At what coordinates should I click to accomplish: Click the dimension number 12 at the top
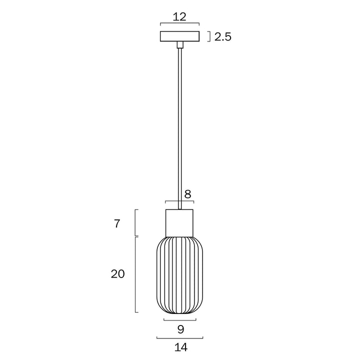[x=179, y=16]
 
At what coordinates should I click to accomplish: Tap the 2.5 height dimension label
[x=222, y=36]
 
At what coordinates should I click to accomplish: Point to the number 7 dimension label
[x=117, y=223]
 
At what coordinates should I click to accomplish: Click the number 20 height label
[x=117, y=274]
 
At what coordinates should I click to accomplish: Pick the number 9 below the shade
[x=180, y=329]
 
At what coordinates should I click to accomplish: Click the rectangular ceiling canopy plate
[x=179, y=36]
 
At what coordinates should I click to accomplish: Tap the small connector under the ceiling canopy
[x=179, y=45]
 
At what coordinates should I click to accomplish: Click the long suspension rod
[x=179, y=125]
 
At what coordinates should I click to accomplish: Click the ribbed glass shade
[x=179, y=275]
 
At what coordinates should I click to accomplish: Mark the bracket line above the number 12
[x=179, y=23]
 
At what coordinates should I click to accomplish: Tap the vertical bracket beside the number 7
[x=136, y=222]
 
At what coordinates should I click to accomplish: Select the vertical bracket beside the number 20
[x=136, y=274]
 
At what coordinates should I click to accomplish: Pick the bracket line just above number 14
[x=179, y=336]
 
